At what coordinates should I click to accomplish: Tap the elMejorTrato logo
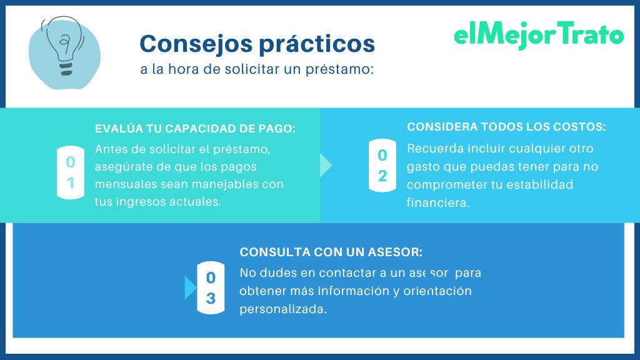click(538, 36)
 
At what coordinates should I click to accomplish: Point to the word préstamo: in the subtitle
click(347, 69)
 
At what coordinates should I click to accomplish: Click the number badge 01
click(71, 172)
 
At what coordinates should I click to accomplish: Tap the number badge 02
click(382, 165)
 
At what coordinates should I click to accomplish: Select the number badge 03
click(211, 288)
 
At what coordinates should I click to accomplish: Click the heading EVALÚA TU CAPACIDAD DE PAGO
click(195, 129)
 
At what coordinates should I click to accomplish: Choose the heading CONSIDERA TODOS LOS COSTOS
click(506, 127)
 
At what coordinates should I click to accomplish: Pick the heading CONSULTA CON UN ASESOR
click(331, 252)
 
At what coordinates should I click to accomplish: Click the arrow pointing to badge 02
click(326, 165)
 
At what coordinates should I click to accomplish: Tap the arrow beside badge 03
click(191, 288)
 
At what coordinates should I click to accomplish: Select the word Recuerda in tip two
click(432, 149)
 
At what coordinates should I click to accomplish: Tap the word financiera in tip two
click(437, 202)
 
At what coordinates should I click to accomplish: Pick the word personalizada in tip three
click(282, 309)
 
